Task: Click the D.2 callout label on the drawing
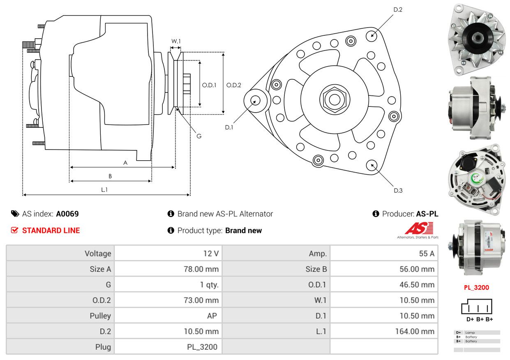click(x=397, y=9)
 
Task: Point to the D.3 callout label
click(x=398, y=190)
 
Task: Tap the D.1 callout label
click(x=229, y=127)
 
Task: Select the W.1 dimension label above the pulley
click(x=176, y=41)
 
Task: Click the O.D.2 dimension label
click(x=234, y=85)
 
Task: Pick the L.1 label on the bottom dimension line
click(x=104, y=189)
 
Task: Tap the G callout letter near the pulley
click(x=199, y=136)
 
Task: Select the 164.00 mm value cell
click(x=417, y=331)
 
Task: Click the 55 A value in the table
click(x=426, y=254)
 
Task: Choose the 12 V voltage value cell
click(x=211, y=254)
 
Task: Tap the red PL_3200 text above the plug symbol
click(x=476, y=288)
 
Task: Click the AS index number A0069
click(x=67, y=214)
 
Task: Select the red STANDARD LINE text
click(x=51, y=231)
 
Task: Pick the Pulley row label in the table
click(x=100, y=316)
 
